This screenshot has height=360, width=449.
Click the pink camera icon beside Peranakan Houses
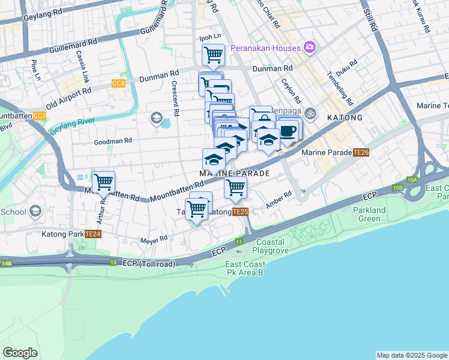[310, 47]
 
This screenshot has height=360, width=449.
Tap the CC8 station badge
[118, 83]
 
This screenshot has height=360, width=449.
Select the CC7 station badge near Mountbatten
[40, 115]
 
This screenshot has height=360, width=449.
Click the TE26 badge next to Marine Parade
[361, 152]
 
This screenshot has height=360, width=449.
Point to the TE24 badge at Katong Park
[92, 234]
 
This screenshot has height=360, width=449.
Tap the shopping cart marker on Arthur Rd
[103, 181]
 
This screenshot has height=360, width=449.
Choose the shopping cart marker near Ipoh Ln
[213, 55]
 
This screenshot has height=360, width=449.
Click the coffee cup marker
[288, 130]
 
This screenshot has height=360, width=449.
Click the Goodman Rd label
[112, 141]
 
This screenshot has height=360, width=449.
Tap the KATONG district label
[345, 118]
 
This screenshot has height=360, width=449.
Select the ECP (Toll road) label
[149, 263]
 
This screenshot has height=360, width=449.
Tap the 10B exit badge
[397, 188]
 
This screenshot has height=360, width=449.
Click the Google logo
[20, 353]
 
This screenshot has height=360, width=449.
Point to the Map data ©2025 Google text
[411, 355]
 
